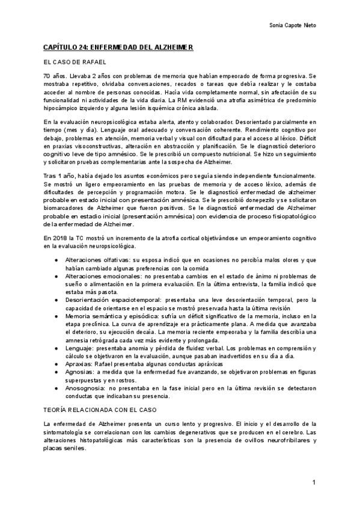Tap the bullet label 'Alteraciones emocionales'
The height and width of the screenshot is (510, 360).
pyautogui.click(x=103, y=275)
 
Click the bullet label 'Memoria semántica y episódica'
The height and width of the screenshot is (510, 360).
pyautogui.click(x=110, y=316)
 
